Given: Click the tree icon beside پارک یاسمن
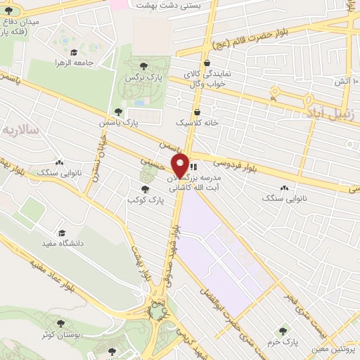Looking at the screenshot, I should [x=118, y=112].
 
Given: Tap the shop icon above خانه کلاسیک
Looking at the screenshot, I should [x=197, y=111].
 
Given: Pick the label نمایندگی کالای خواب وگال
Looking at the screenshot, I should [x=215, y=77].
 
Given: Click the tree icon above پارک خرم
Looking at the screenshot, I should [x=283, y=330].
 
